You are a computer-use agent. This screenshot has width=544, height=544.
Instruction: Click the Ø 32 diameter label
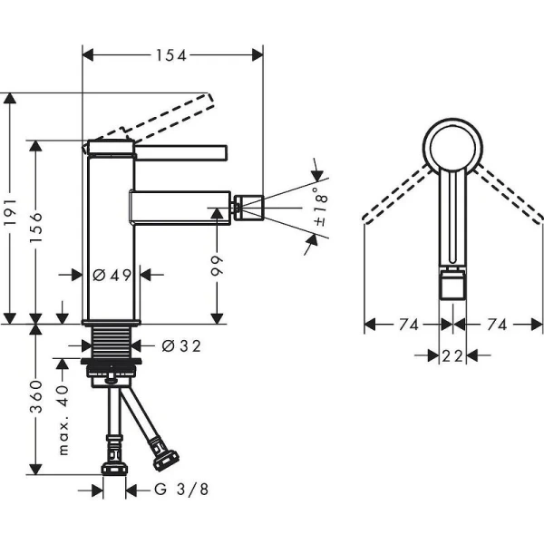click(180, 345)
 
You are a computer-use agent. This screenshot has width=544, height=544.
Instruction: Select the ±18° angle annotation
click(320, 208)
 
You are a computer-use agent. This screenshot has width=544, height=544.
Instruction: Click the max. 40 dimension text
click(63, 419)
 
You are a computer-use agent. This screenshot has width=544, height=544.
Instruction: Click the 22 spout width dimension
click(452, 356)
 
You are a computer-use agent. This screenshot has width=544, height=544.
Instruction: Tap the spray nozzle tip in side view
click(251, 208)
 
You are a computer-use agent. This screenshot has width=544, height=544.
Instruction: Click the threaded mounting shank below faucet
click(112, 345)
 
